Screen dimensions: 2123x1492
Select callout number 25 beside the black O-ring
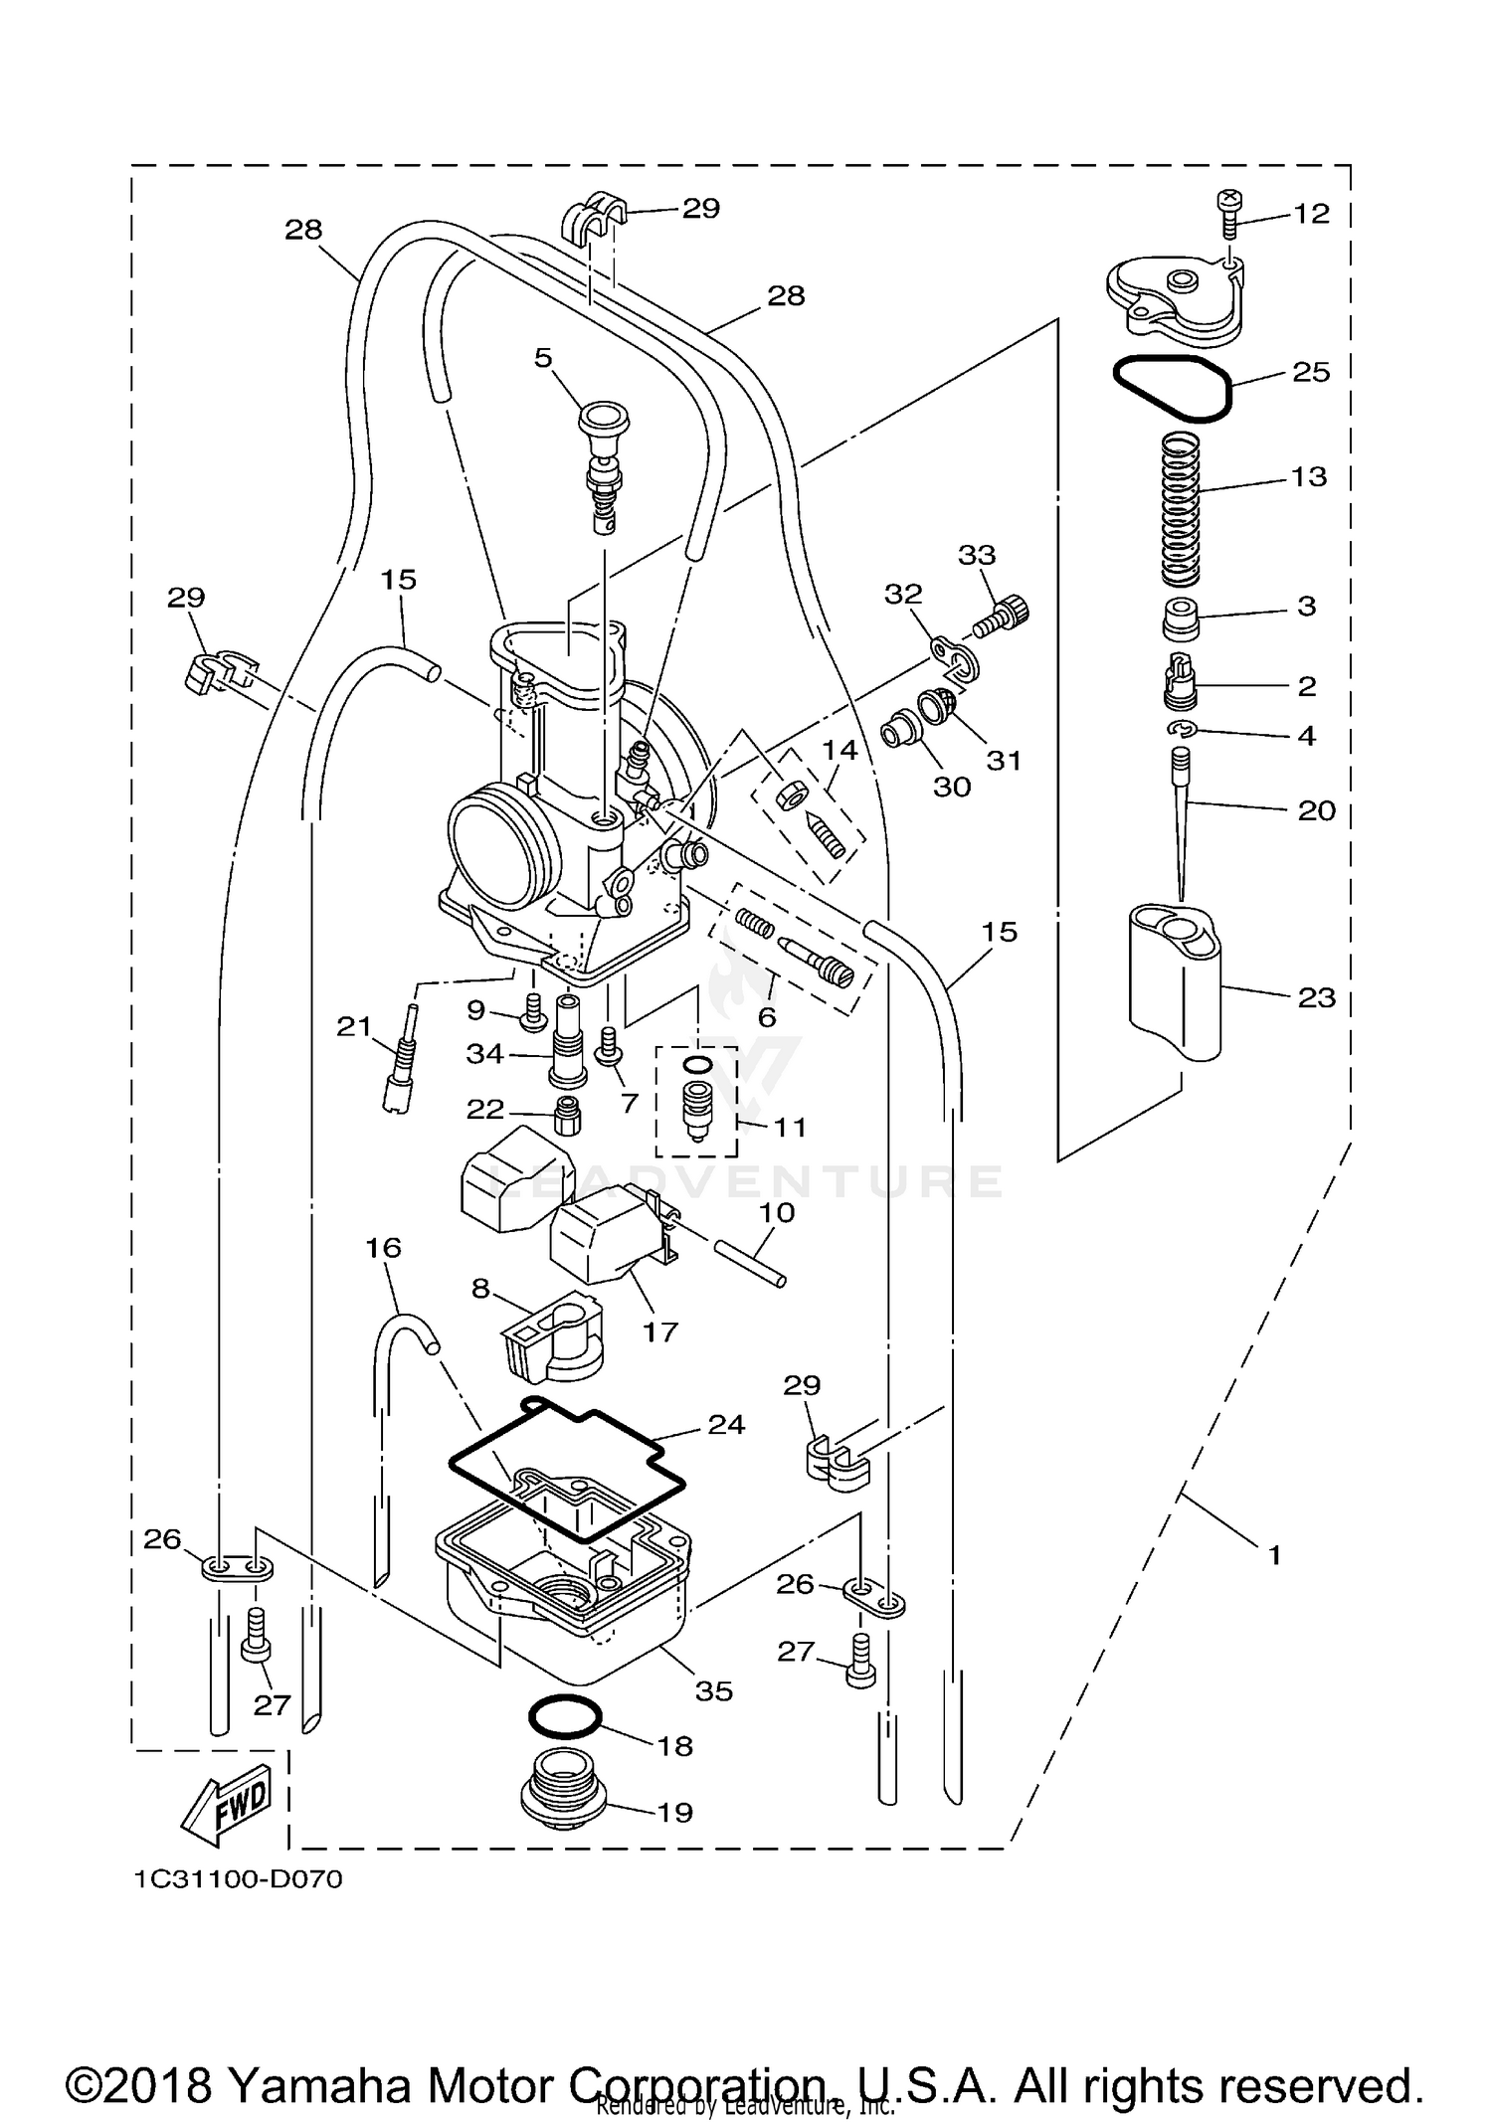click(x=1310, y=372)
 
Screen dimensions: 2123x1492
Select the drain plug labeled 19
click(x=562, y=1805)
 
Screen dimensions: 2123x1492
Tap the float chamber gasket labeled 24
click(x=567, y=1472)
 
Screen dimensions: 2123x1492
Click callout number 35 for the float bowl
click(x=714, y=1690)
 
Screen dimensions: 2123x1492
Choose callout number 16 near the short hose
click(x=384, y=1247)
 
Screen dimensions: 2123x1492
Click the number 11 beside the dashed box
click(x=790, y=1127)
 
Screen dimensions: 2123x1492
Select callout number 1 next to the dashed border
click(x=1274, y=1553)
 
